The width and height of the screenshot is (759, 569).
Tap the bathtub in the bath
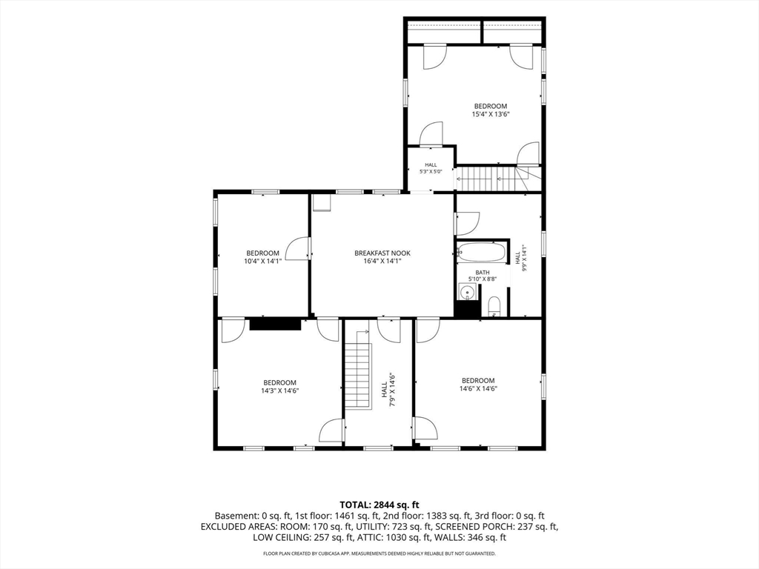click(x=482, y=252)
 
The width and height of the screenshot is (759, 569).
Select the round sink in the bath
click(x=467, y=292)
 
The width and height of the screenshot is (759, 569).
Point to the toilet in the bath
click(x=494, y=307)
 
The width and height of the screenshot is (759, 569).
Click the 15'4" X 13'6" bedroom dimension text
click(x=491, y=115)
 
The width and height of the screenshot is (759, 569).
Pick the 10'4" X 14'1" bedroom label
click(x=263, y=257)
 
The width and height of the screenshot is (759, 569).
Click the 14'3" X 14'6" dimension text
click(x=279, y=390)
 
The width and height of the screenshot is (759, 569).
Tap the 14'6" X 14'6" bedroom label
click(x=478, y=385)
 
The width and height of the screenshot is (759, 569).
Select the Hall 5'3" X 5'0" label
click(x=431, y=168)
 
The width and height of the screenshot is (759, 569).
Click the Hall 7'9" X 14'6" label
click(x=388, y=389)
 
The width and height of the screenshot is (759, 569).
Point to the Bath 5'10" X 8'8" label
click(x=482, y=276)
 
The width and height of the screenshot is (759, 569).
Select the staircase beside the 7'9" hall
click(x=358, y=371)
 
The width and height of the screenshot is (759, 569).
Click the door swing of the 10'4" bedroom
click(x=297, y=249)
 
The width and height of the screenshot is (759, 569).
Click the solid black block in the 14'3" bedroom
click(x=275, y=325)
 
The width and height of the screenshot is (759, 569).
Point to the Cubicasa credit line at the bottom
click(x=379, y=553)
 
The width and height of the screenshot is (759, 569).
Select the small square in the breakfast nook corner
click(x=321, y=203)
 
